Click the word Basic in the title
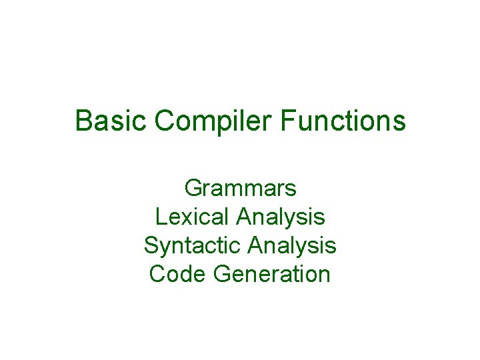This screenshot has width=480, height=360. tap(111, 121)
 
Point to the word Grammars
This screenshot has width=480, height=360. tap(240, 189)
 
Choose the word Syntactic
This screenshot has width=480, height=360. tap(193, 245)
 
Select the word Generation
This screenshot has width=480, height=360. tap(272, 274)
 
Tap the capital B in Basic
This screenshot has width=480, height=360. tap(83, 121)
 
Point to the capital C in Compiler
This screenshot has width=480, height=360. tap(164, 121)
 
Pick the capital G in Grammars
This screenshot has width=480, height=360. tap(193, 189)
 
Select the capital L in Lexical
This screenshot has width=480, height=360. tap(160, 217)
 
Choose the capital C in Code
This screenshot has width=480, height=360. tap(158, 274)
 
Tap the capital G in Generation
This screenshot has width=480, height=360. tap(222, 274)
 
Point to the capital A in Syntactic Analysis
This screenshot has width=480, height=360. tap(255, 245)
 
